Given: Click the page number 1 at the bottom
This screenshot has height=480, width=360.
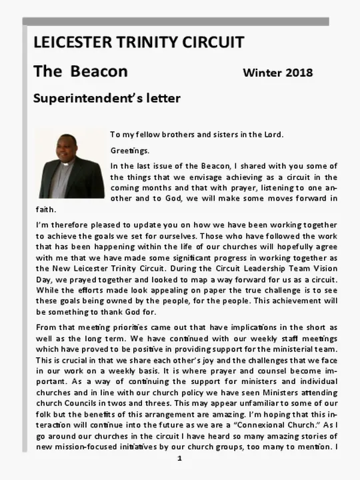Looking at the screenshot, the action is pos(179,459).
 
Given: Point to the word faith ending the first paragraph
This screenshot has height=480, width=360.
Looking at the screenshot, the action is pos(45,209).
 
